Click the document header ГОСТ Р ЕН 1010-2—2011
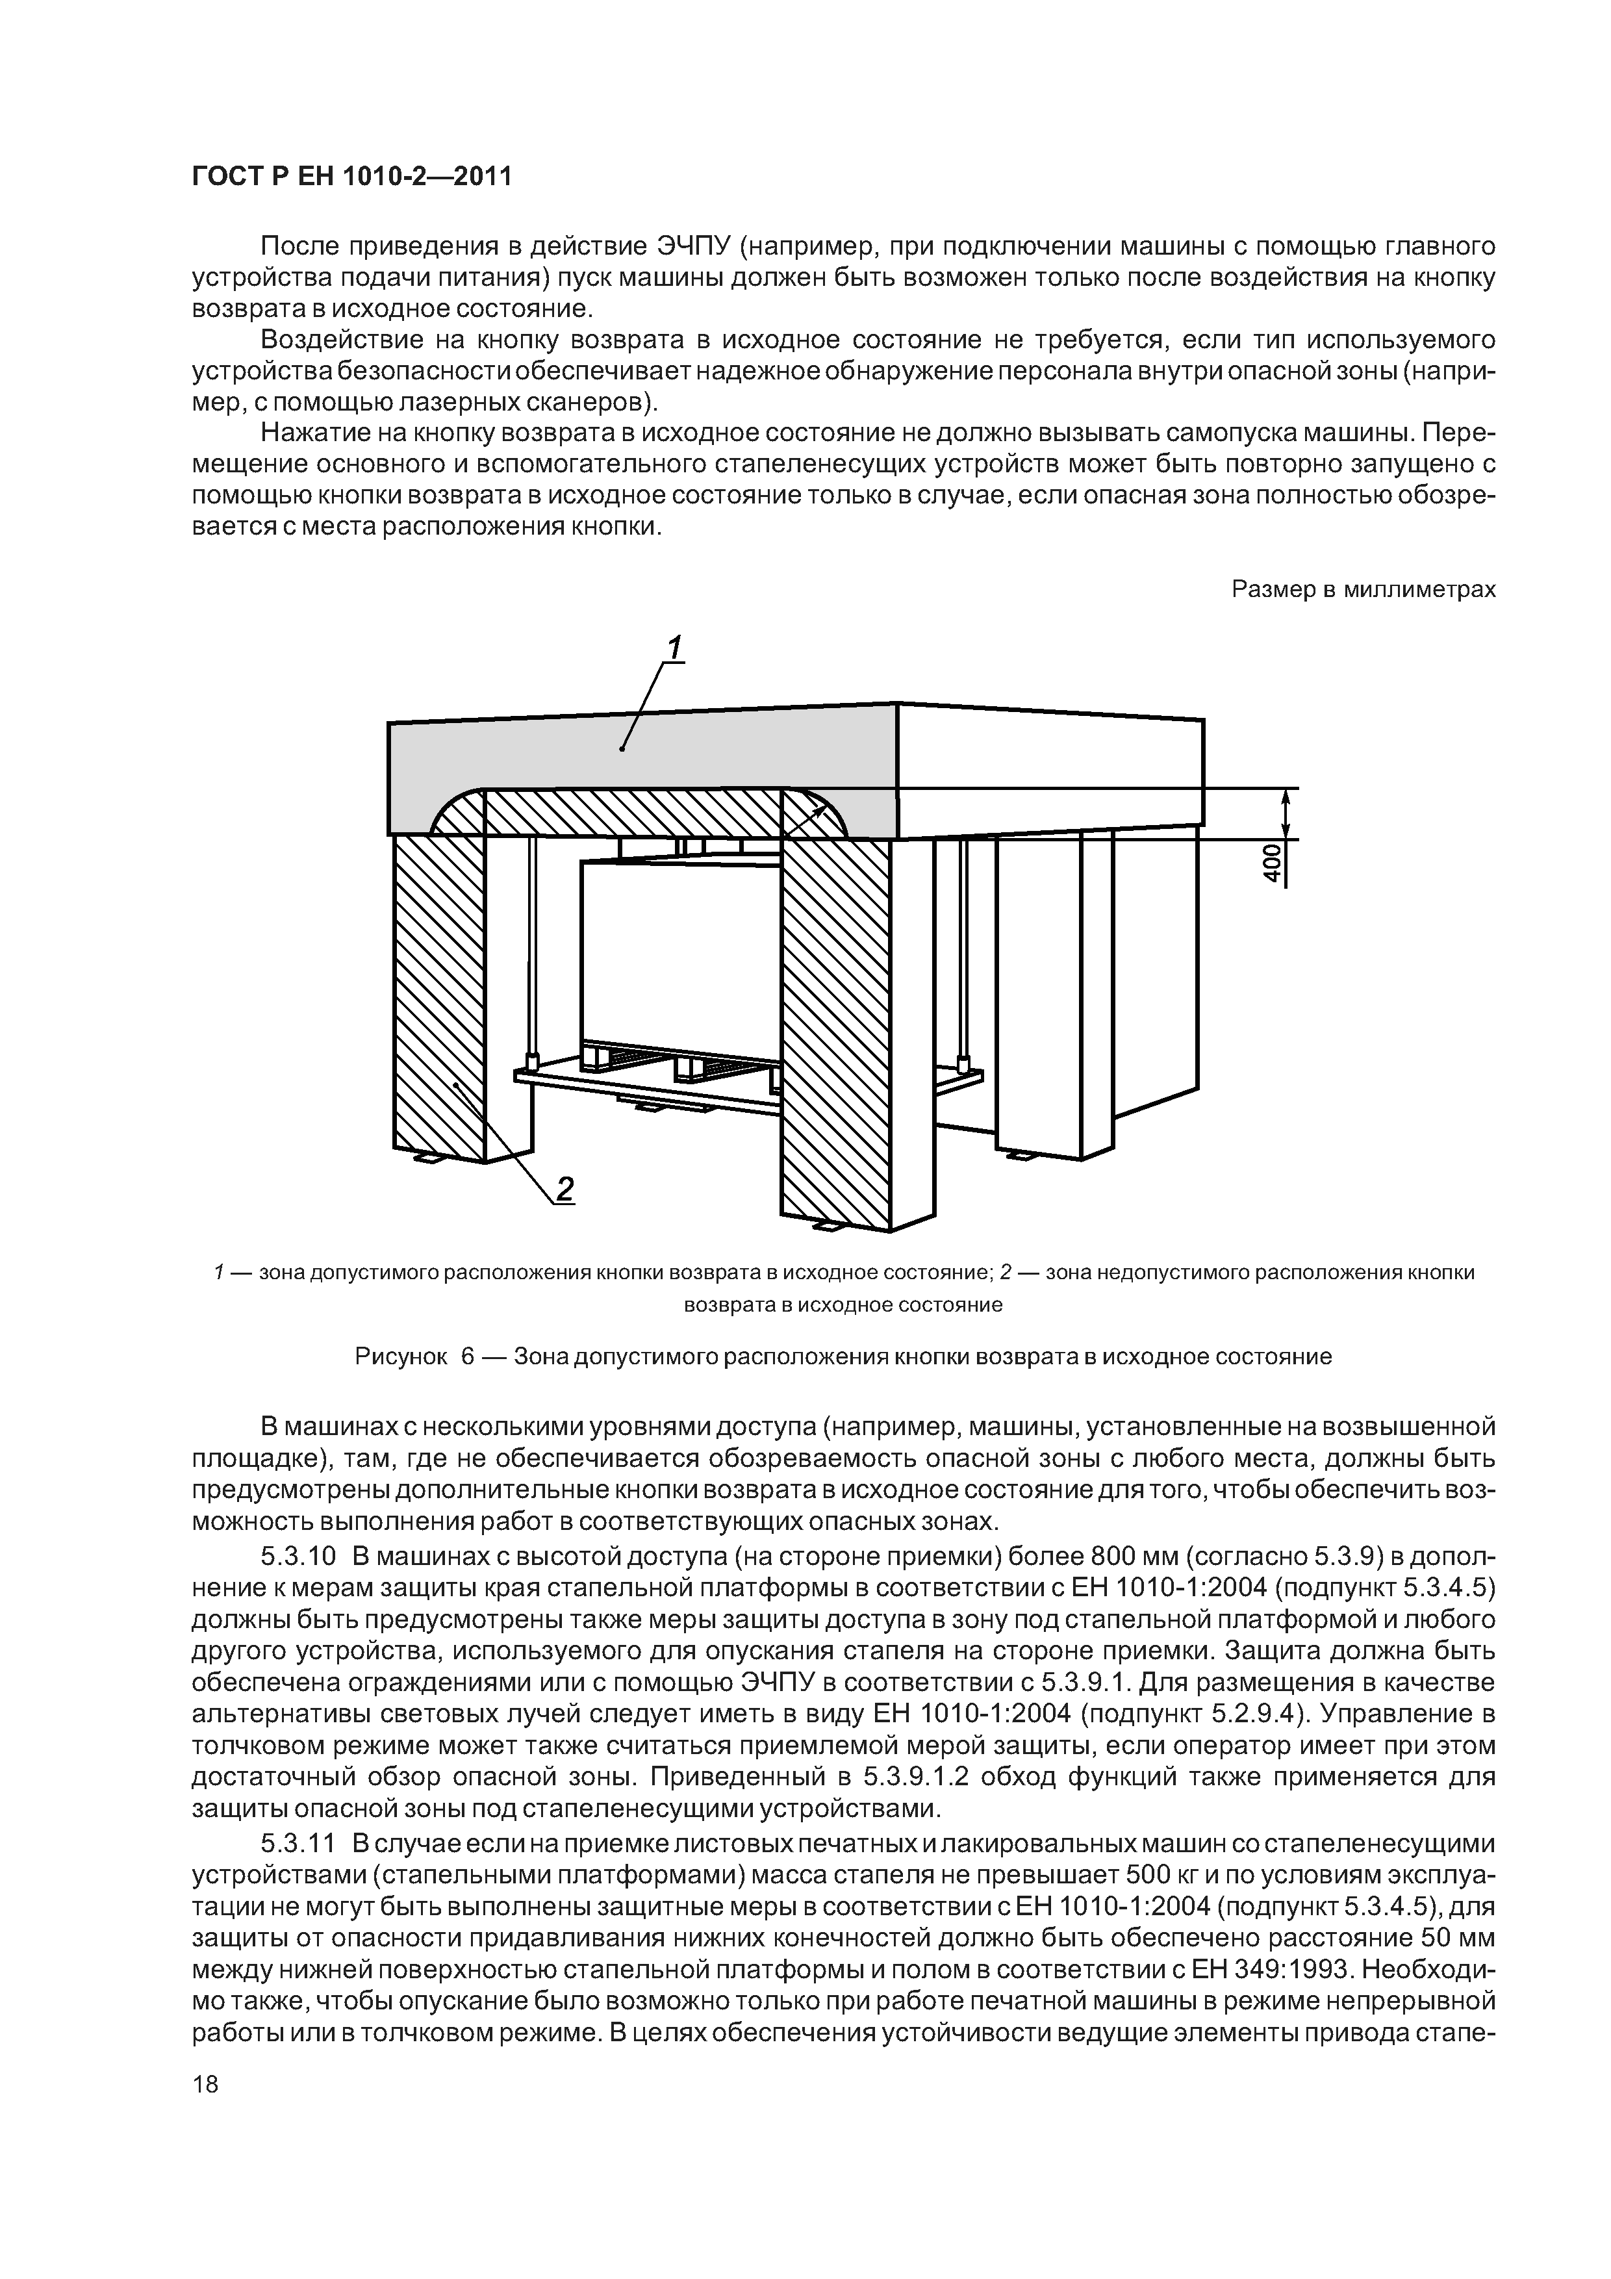(x=351, y=177)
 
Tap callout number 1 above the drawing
(x=674, y=648)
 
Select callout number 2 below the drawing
(x=564, y=1188)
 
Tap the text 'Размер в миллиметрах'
(x=1363, y=590)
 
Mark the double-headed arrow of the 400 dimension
(x=1286, y=814)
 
